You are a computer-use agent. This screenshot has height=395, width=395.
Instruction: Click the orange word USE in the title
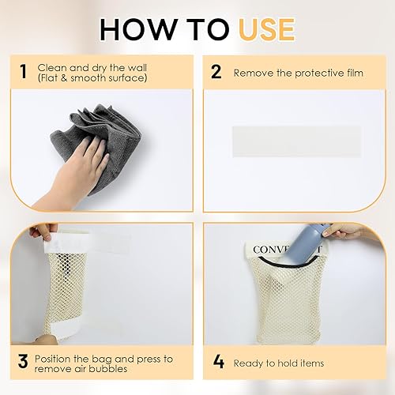267,29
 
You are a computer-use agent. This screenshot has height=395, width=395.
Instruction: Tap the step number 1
23,72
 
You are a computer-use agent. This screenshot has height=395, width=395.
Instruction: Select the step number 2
216,72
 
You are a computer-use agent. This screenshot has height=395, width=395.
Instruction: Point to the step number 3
23,361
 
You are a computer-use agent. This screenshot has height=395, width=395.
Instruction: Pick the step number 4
219,362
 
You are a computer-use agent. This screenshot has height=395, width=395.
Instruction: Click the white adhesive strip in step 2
296,141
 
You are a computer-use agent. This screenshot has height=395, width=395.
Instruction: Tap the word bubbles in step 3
108,369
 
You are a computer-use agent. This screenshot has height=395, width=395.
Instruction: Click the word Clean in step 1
52,68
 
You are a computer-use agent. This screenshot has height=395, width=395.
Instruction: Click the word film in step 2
355,73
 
